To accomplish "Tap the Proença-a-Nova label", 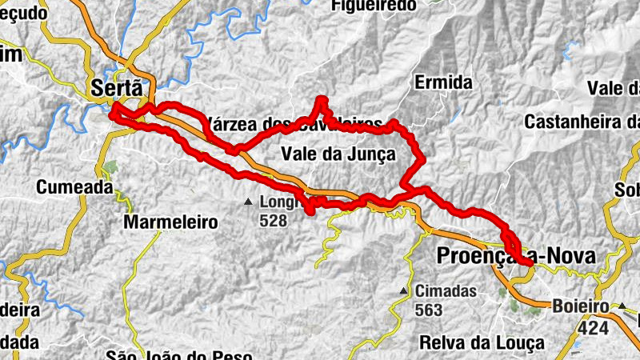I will (x=516, y=256).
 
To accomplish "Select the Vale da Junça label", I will (x=338, y=154).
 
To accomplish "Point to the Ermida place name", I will (x=443, y=82).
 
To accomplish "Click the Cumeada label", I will (x=74, y=187).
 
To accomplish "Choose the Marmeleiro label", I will (x=170, y=223).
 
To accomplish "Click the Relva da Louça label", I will (x=483, y=342).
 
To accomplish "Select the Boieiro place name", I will (x=582, y=306).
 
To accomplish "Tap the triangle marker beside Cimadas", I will (x=404, y=290).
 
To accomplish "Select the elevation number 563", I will (x=429, y=308).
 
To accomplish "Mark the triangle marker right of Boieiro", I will (x=621, y=306).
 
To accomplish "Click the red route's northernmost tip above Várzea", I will (x=322, y=99).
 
